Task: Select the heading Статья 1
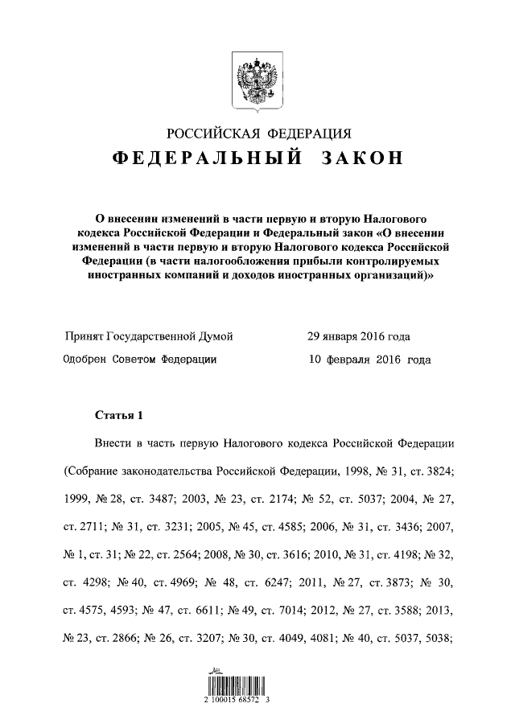(118, 416)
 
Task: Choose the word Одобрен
(86, 360)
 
